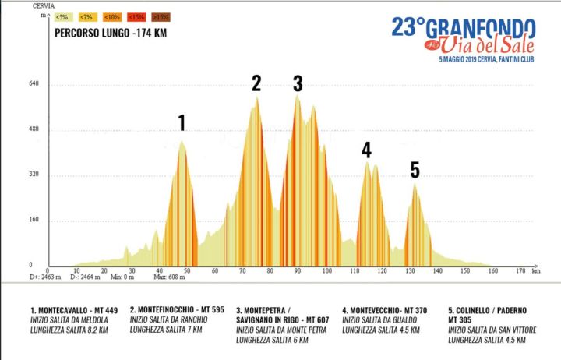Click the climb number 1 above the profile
(182, 122)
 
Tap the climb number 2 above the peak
(256, 83)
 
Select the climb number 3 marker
(298, 84)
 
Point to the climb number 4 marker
(366, 150)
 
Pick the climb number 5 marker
(415, 170)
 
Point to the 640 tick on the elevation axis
(34, 84)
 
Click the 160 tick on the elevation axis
(34, 220)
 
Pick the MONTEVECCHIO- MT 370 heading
(384, 310)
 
